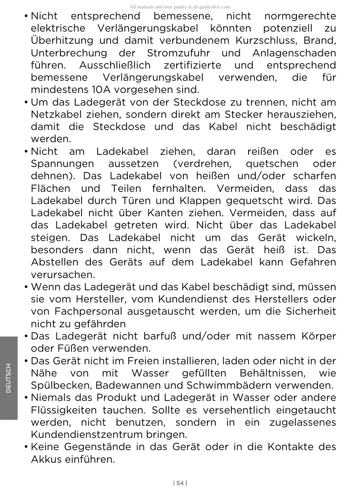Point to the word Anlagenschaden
click(294, 53)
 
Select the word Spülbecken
click(61, 385)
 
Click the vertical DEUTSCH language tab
click(9, 378)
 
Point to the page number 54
click(180, 483)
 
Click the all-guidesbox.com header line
click(180, 7)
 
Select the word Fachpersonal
click(88, 312)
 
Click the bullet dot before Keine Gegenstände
click(26, 447)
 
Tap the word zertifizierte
click(192, 66)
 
